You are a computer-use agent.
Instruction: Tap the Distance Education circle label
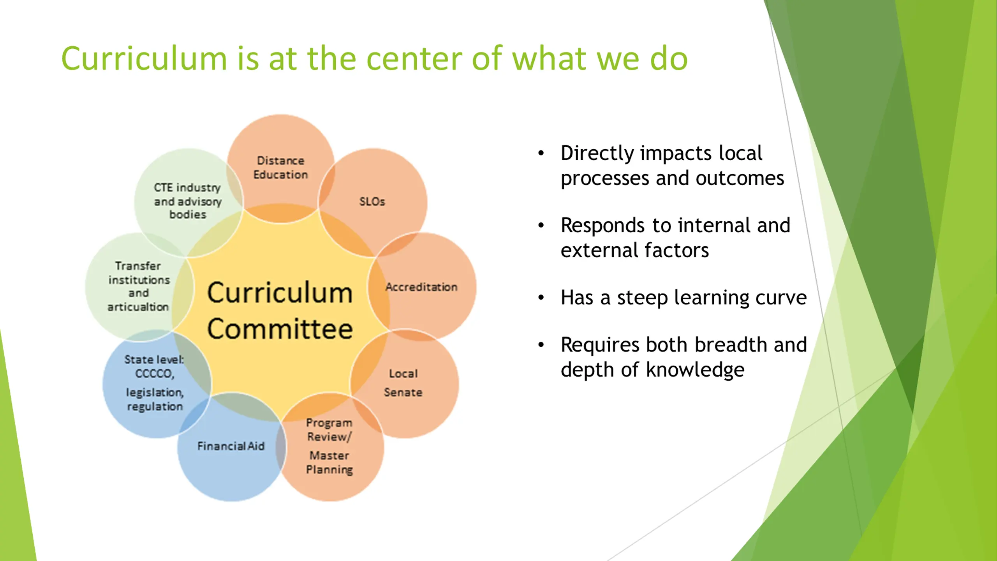click(281, 168)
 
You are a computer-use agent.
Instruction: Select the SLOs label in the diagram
click(372, 201)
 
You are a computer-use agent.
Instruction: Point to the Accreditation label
click(421, 287)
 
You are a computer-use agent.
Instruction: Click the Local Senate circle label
click(403, 383)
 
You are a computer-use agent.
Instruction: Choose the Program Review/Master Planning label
click(329, 446)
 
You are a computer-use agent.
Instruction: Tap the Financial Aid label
click(231, 446)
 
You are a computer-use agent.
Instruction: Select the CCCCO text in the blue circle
click(155, 374)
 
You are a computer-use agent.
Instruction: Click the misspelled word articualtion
click(138, 307)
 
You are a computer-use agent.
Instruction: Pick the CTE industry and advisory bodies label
click(188, 201)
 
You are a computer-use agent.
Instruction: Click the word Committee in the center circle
click(280, 329)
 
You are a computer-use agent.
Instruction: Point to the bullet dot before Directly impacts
click(541, 153)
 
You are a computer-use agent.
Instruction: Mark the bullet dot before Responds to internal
click(541, 225)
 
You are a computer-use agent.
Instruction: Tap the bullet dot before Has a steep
click(541, 298)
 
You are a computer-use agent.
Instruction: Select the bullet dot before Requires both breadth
click(541, 345)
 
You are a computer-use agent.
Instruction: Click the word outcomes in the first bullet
click(740, 178)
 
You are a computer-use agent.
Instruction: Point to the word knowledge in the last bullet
click(695, 370)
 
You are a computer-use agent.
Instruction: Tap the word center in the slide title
click(414, 59)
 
